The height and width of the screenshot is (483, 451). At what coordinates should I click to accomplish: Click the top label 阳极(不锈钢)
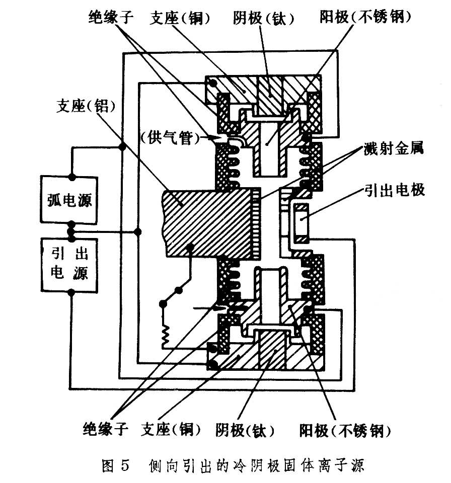(x=366, y=19)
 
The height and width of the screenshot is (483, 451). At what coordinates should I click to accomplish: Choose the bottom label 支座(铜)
(x=172, y=430)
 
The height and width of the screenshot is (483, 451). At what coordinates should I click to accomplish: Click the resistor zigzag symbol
(x=164, y=333)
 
